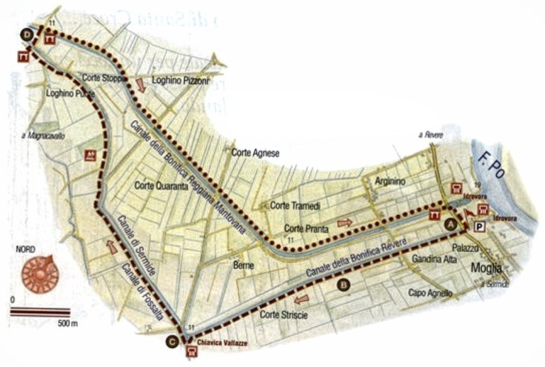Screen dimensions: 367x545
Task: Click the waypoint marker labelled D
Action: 27,34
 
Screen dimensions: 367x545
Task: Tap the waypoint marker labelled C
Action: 172,341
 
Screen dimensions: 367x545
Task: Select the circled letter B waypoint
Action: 343,284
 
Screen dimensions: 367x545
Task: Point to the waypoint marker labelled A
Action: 448,222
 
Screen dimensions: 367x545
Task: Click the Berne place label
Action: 244,265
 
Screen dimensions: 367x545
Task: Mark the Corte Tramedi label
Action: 295,205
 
